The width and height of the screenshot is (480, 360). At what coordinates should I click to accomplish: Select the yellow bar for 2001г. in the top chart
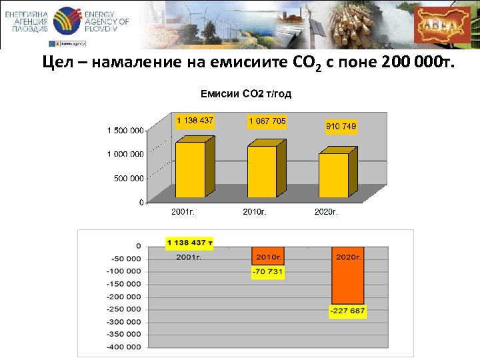tap(190, 171)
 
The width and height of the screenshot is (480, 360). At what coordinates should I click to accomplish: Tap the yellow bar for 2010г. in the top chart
tap(261, 172)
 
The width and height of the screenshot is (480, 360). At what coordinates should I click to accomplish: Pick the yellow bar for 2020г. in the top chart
tap(333, 176)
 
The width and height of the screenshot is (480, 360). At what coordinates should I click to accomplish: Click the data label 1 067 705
tap(267, 121)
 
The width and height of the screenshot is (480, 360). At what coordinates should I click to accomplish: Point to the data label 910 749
tap(341, 126)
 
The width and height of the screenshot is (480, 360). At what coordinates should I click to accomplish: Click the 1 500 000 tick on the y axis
tap(125, 131)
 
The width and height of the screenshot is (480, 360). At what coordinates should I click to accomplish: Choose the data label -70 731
tap(268, 271)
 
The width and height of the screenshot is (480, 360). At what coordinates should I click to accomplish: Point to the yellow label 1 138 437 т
tap(189, 243)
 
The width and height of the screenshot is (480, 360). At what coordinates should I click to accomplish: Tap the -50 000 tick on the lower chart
tap(126, 259)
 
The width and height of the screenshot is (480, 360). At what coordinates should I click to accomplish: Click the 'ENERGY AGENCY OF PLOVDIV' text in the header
tap(107, 22)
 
